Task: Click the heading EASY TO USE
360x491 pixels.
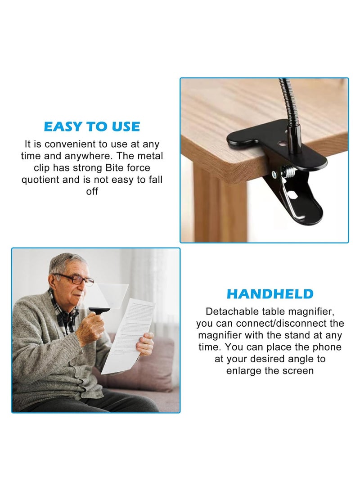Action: click(x=92, y=126)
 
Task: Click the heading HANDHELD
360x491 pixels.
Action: click(x=270, y=294)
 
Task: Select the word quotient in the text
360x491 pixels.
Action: click(x=42, y=180)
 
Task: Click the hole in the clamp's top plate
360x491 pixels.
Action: click(x=281, y=145)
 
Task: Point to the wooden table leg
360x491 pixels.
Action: click(x=220, y=207)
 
